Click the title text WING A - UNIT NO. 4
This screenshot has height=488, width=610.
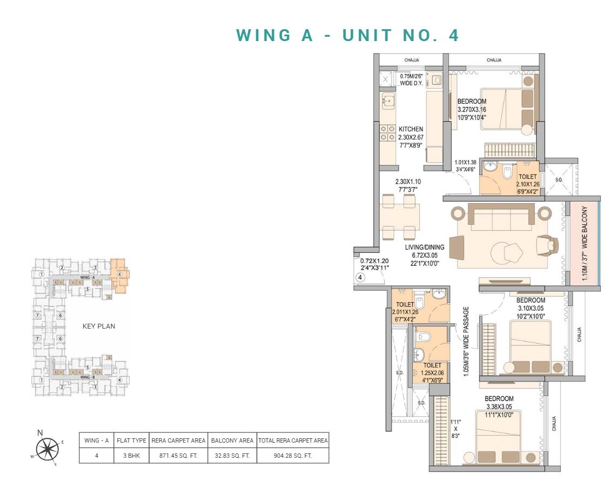pyautogui.click(x=347, y=35)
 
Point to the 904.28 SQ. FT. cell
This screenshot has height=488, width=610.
pyautogui.click(x=293, y=456)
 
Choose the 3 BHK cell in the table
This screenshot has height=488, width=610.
pyautogui.click(x=131, y=456)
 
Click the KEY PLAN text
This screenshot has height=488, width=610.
pyautogui.click(x=98, y=326)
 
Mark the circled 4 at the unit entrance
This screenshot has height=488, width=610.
pyautogui.click(x=361, y=278)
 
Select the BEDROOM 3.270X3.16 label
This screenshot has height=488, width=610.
pyautogui.click(x=472, y=109)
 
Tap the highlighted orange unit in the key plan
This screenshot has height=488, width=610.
pyautogui.click(x=120, y=276)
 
